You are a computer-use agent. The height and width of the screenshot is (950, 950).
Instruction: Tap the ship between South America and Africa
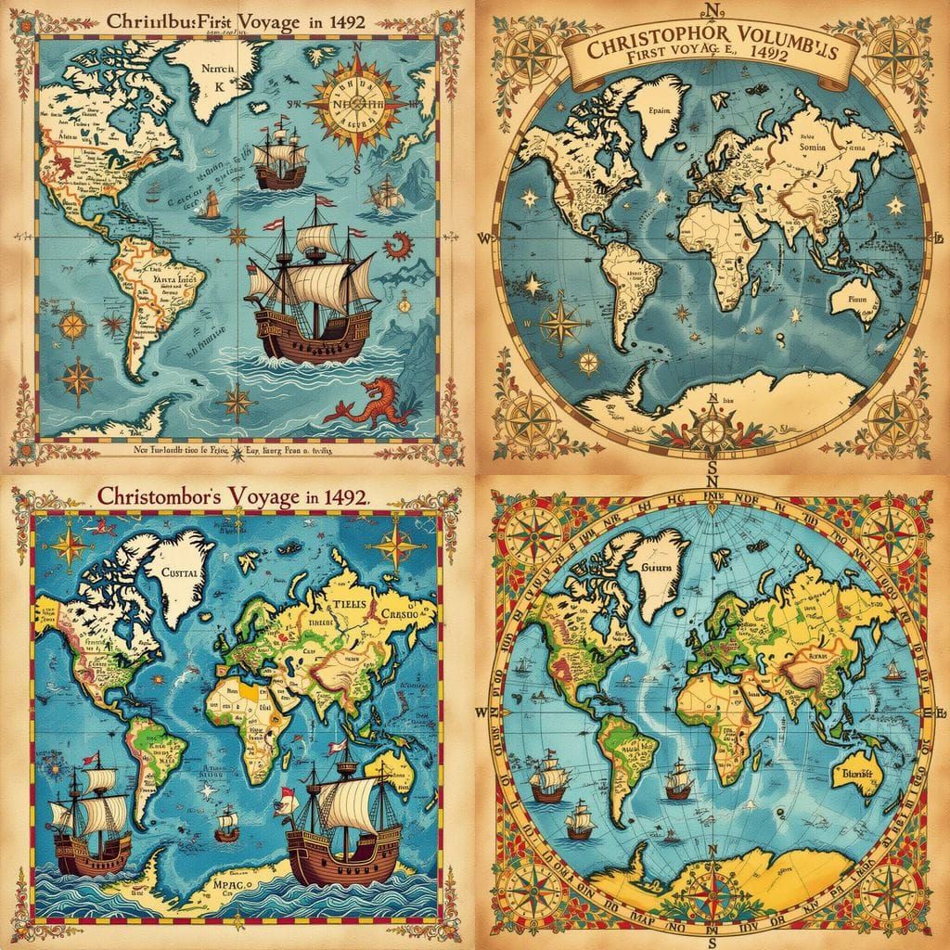point(678,779)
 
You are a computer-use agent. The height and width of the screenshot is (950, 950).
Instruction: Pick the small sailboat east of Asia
point(892,668)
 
